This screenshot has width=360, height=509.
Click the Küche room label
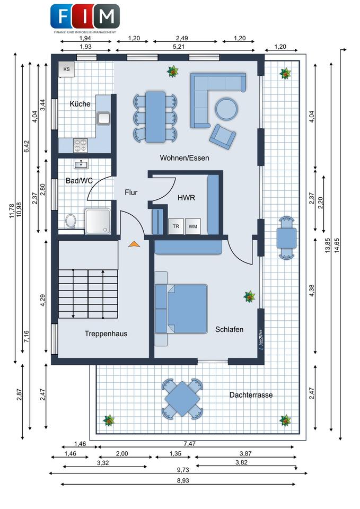point(80,104)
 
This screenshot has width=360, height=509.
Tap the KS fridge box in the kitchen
point(67,69)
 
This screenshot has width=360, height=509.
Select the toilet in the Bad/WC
point(71,220)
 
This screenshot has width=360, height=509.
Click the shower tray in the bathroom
point(99,221)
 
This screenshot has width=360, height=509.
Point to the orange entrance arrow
point(134,244)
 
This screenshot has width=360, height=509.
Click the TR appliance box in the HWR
point(176,226)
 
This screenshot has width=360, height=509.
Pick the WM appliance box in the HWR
point(193,226)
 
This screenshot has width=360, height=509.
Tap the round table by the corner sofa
point(226,109)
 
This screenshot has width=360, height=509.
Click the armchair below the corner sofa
point(222,136)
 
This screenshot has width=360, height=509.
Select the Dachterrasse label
point(251,395)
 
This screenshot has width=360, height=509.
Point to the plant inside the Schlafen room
point(249,297)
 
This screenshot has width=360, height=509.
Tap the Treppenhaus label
point(106,334)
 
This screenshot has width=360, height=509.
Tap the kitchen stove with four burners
point(81,143)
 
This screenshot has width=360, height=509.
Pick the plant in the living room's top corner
point(172,71)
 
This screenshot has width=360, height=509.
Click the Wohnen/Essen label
point(185,158)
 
